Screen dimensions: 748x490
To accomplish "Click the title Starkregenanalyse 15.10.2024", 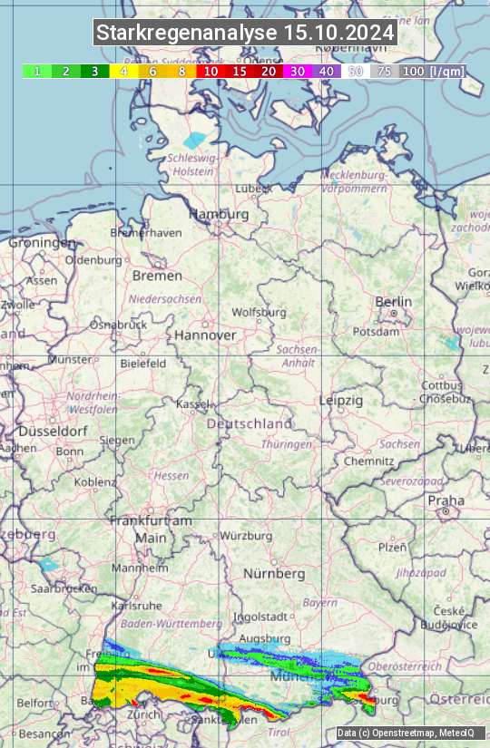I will pyautogui.click(x=245, y=34).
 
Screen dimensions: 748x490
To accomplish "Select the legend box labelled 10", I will pyautogui.click(x=211, y=71).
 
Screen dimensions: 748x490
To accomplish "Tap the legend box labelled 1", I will pyautogui.click(x=36, y=71).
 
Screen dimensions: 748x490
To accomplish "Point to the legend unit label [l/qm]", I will pyautogui.click(x=446, y=71).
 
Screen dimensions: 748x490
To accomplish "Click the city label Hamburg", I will pyautogui.click(x=218, y=215).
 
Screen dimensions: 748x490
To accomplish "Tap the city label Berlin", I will pyautogui.click(x=393, y=302).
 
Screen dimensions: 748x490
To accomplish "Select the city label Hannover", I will pyautogui.click(x=205, y=335).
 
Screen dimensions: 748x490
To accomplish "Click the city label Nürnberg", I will pyautogui.click(x=274, y=574).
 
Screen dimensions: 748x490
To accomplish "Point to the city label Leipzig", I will pyautogui.click(x=341, y=400).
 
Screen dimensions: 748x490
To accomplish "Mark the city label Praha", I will pyautogui.click(x=446, y=500).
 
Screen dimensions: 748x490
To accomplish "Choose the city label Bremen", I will pyautogui.click(x=157, y=276).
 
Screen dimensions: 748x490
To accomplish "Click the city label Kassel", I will pyautogui.click(x=192, y=403).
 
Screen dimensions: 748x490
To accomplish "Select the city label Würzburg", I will pyautogui.click(x=246, y=536).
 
